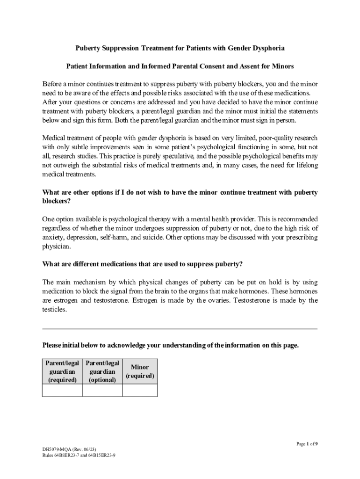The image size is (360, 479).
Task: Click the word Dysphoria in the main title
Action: [268, 48]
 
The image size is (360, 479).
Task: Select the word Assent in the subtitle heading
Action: [243, 66]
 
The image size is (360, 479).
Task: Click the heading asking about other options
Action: [180, 196]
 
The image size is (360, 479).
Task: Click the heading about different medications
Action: [143, 264]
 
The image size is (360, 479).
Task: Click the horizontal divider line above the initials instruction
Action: [180, 329]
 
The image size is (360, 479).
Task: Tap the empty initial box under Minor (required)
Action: [140, 390]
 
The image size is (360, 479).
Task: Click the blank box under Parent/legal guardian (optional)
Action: [102, 390]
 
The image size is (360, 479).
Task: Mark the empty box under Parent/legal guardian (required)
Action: [62, 390]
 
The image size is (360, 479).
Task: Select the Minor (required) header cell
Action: [140, 371]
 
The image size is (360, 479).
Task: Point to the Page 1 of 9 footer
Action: [307, 444]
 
